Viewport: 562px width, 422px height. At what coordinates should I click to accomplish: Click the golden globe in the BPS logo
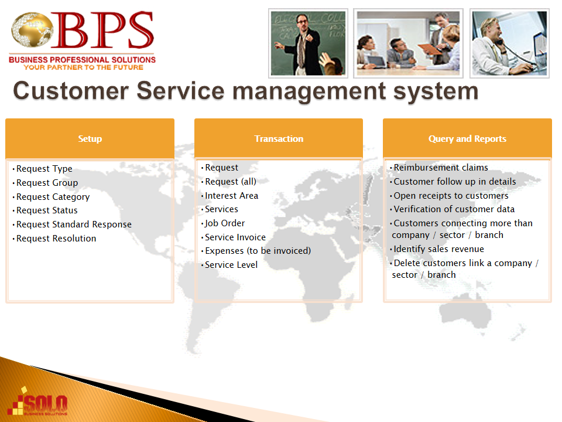pos(32,29)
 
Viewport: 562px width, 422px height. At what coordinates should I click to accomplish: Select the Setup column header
pos(90,138)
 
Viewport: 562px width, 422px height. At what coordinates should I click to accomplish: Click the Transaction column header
pos(279,138)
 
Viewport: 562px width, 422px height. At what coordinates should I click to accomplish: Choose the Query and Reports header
pos(467,138)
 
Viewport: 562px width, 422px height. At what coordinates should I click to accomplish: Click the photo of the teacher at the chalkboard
pos(309,43)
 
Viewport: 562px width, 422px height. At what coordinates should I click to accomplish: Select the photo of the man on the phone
pos(509,43)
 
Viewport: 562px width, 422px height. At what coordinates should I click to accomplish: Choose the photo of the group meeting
pos(408,43)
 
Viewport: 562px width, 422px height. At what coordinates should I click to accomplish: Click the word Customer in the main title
pos(71,91)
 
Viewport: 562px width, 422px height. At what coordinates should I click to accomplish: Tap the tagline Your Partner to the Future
pos(84,67)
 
